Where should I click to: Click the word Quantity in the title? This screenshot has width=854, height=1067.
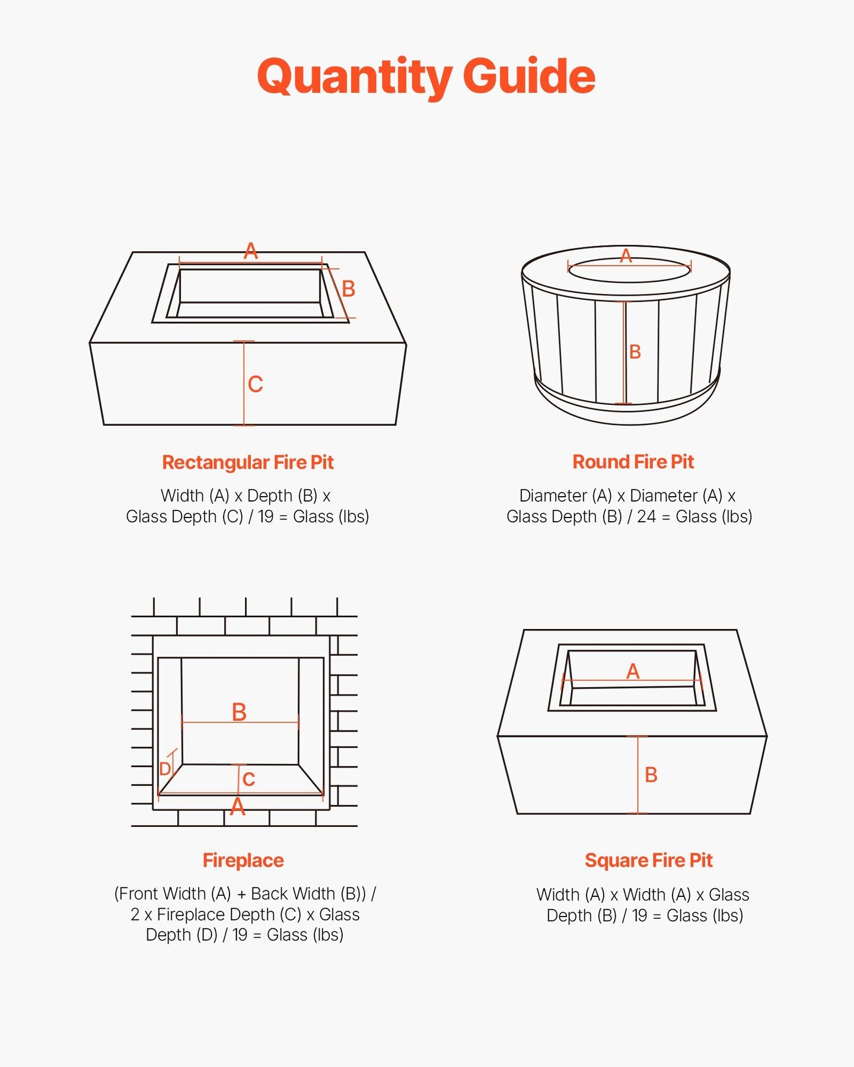(x=355, y=77)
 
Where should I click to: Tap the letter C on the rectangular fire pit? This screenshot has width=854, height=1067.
(x=256, y=384)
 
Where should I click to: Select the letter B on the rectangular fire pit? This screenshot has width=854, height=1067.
(x=349, y=289)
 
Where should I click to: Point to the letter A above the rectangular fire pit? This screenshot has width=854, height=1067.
(x=251, y=251)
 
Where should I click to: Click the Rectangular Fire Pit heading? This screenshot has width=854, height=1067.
(x=248, y=462)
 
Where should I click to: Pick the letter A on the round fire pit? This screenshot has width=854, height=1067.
(x=626, y=256)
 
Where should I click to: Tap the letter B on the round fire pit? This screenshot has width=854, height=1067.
(x=635, y=352)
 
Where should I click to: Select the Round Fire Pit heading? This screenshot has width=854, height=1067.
(x=633, y=462)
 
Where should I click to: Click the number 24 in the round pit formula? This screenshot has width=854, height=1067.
(x=646, y=516)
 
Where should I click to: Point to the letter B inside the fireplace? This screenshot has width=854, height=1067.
(x=239, y=712)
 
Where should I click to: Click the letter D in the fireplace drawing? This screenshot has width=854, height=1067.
(x=165, y=769)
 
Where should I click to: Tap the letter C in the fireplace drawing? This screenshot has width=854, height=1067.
(x=249, y=779)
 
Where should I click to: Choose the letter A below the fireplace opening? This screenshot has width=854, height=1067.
(x=238, y=806)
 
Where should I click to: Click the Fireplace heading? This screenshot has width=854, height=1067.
(x=243, y=860)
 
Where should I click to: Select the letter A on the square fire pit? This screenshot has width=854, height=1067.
(x=633, y=671)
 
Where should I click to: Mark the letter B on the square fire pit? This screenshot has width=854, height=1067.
(x=651, y=775)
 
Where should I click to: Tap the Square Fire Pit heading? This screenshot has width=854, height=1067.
(x=648, y=860)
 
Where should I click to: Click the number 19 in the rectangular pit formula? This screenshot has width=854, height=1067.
(x=266, y=516)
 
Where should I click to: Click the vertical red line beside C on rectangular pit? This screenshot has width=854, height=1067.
(x=244, y=383)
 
